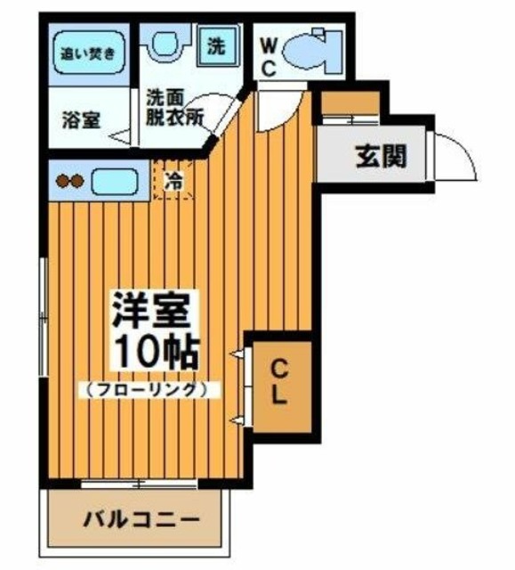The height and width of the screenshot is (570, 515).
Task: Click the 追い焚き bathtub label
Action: [x=87, y=53]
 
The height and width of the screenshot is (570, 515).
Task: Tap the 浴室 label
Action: [x=81, y=118]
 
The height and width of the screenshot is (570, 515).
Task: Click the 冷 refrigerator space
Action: [x=174, y=179]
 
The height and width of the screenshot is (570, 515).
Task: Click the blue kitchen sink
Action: [x=113, y=181]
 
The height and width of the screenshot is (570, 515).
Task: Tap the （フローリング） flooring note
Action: [x=148, y=389]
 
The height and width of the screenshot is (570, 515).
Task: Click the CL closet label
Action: [x=278, y=383]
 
